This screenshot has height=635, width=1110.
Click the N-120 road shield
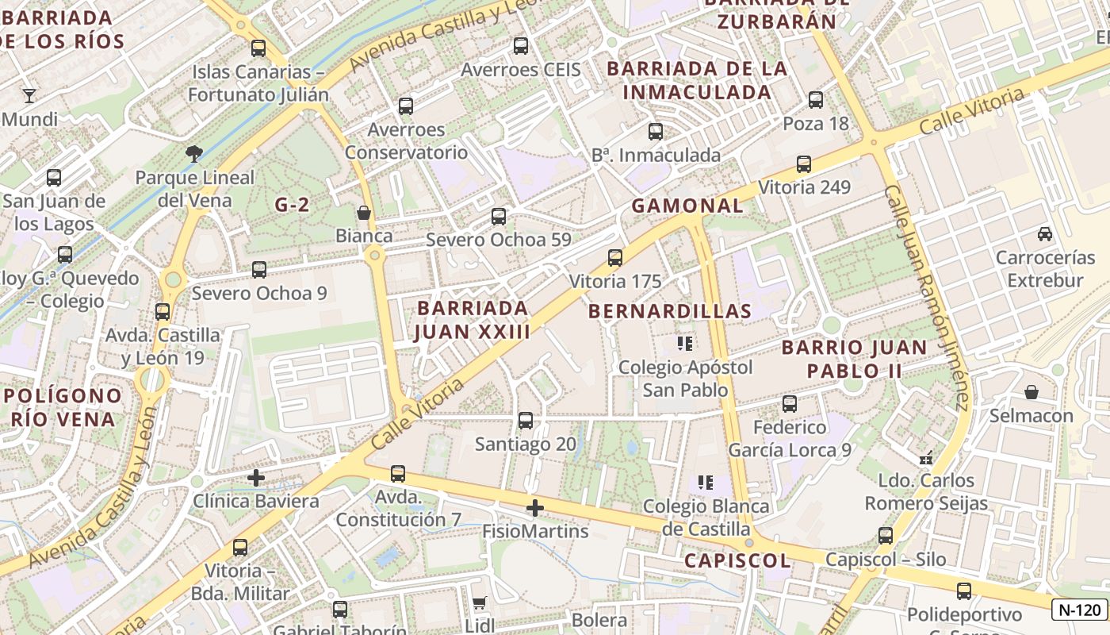pos(1080,610)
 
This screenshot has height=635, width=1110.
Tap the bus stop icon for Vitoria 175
pos(615,258)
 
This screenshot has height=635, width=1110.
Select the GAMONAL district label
pos(687,206)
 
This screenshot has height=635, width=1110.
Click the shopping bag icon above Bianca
pos(364,213)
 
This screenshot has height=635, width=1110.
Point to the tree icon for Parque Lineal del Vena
pos(194,154)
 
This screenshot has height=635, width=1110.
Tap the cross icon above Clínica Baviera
pos(255,478)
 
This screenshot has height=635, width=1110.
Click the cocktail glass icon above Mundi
pos(29,96)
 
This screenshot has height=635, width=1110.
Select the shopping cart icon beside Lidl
pos(479,603)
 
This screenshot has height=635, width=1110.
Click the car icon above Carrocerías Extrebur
pos(1045,234)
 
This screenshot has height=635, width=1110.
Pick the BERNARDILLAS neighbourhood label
pos(670,311)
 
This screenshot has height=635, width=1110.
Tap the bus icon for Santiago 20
pos(525,421)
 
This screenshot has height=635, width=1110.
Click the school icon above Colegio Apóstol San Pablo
pos(685,344)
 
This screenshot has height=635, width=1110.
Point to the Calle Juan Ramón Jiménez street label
pos(926,298)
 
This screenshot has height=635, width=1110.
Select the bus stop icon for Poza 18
pos(816,100)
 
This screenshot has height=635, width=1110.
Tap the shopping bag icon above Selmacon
pos(1032,392)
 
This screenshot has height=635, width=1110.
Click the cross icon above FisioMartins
pos(535,507)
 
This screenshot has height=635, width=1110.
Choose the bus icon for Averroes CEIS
pos(521,46)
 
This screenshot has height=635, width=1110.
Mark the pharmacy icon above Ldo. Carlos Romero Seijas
pos(925,457)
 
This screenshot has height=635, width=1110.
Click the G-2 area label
pos(292,205)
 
